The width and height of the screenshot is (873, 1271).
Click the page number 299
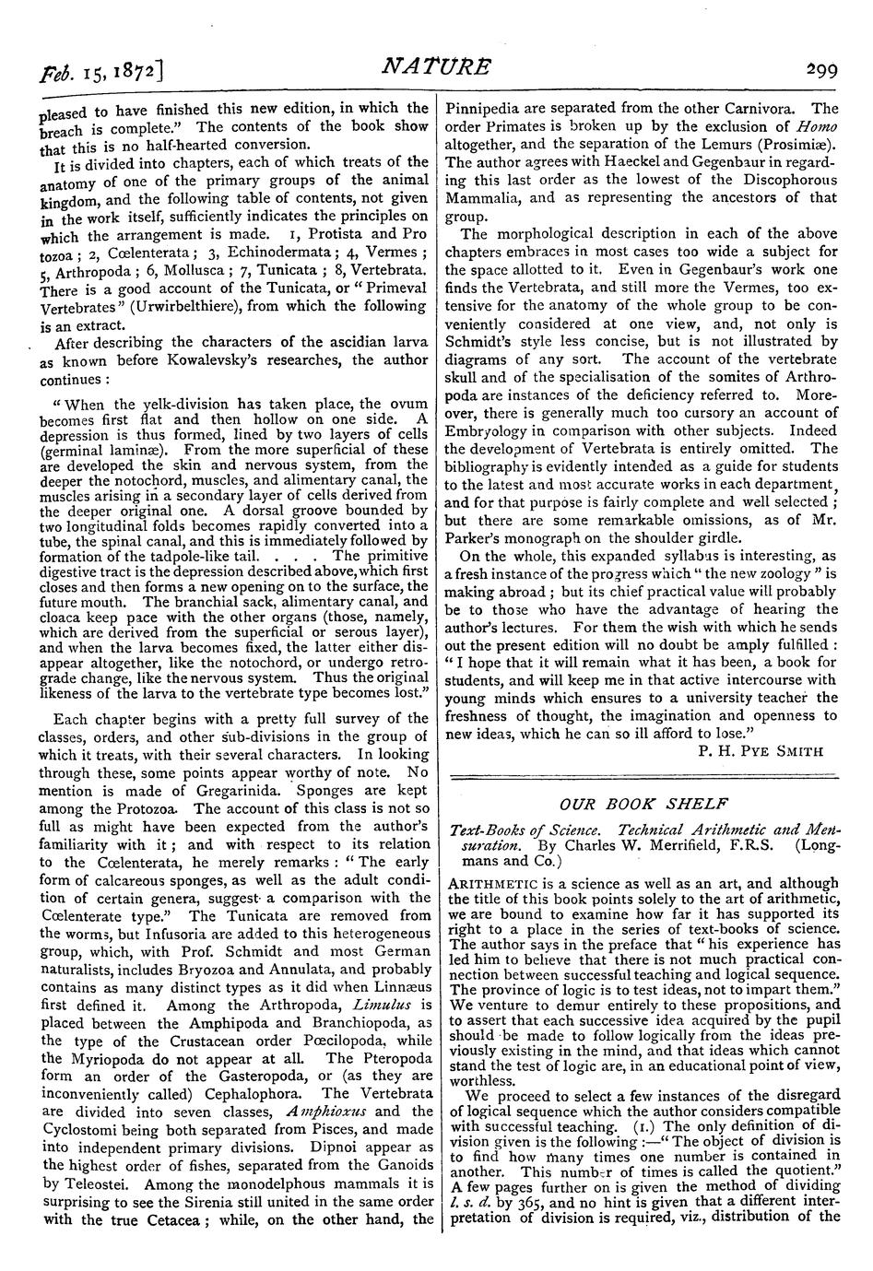820,66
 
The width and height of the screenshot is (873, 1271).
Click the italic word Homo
817,125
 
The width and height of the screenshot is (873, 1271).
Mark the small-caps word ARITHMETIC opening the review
487,882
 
